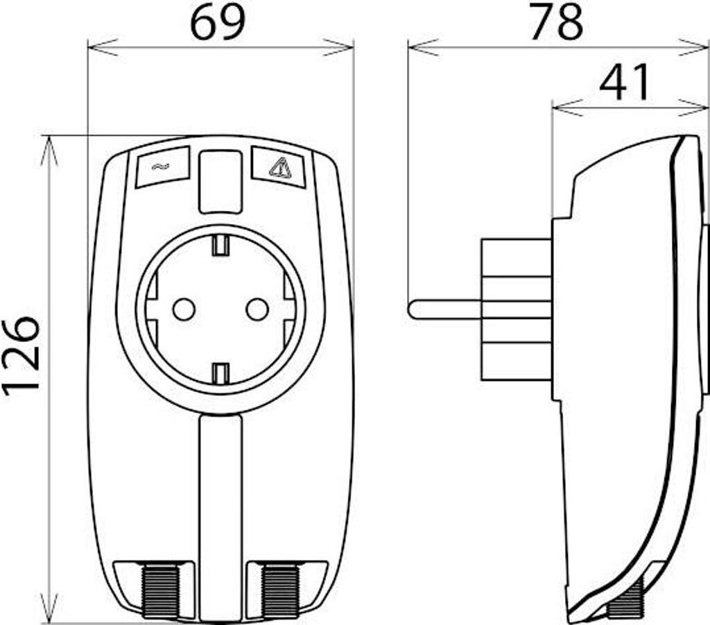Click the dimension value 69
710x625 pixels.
(x=218, y=22)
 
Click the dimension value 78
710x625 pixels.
(x=557, y=22)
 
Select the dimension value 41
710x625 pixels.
(x=626, y=82)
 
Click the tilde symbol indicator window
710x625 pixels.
(x=162, y=166)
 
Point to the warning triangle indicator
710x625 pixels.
(x=279, y=167)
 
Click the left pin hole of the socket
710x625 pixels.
(x=184, y=309)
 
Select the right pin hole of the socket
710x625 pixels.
(x=257, y=309)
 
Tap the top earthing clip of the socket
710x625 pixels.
(x=220, y=245)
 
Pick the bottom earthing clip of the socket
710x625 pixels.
(x=220, y=373)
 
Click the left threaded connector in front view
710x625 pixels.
(x=160, y=590)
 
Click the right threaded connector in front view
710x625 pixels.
(x=280, y=590)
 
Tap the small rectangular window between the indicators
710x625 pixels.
(x=220, y=182)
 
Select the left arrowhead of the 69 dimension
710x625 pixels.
(x=97, y=47)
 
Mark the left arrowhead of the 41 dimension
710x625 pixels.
(x=562, y=107)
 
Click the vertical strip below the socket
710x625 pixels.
(x=220, y=513)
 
